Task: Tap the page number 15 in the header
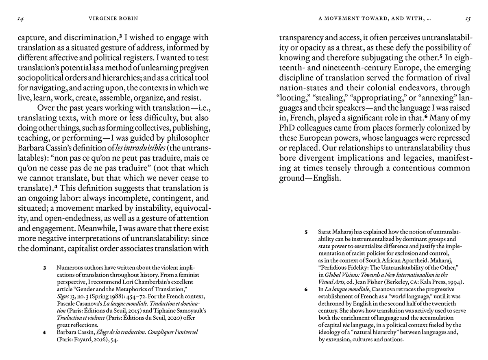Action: tap(468, 19)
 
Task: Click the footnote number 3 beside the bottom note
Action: tap(45, 268)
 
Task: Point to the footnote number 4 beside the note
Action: tap(45, 332)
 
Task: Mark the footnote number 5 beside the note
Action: tap(306, 232)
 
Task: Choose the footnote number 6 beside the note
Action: tap(306, 290)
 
